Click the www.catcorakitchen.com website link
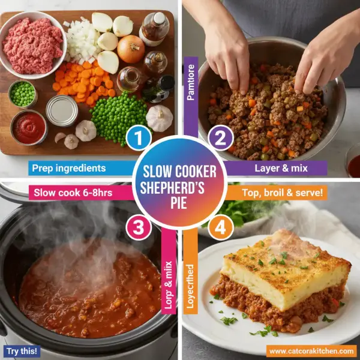(311, 350)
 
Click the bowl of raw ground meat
(33, 46)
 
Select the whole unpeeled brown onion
(130, 49)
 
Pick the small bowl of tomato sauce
(28, 127)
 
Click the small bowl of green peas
(23, 94)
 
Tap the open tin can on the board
(62, 110)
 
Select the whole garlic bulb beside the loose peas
(160, 117)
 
